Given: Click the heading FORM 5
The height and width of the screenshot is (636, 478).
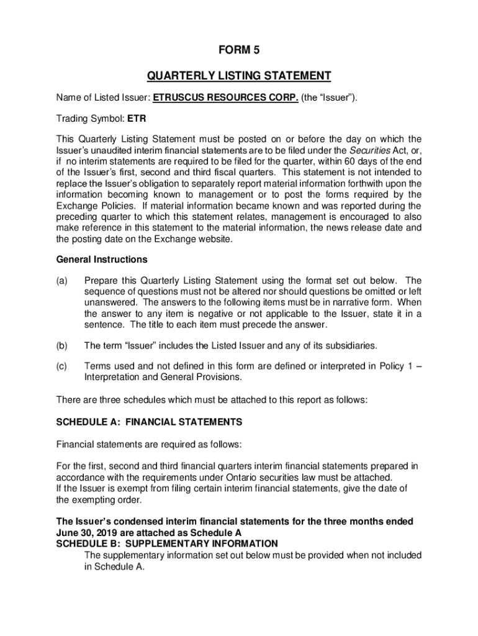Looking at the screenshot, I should click(x=238, y=53).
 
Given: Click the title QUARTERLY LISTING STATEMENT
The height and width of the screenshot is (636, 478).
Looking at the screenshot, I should click(x=238, y=76).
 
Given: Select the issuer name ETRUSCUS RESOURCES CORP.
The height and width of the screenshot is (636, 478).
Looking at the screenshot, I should click(x=226, y=97).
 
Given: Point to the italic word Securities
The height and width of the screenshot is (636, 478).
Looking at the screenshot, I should click(x=371, y=150).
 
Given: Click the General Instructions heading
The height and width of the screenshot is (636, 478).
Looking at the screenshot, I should click(x=102, y=259).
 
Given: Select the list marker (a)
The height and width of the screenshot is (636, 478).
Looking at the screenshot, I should click(x=62, y=280).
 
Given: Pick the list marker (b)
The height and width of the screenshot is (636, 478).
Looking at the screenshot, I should click(x=62, y=345).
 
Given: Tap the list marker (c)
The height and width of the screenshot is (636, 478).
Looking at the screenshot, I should click(x=62, y=366).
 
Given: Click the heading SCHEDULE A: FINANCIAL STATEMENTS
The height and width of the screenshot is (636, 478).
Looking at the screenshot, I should click(x=149, y=422).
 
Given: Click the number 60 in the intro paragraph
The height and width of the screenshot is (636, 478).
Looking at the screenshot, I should click(x=344, y=161).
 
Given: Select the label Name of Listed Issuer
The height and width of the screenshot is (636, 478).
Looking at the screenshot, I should click(x=102, y=97).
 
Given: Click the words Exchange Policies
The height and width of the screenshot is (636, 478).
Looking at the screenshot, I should click(x=96, y=206).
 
